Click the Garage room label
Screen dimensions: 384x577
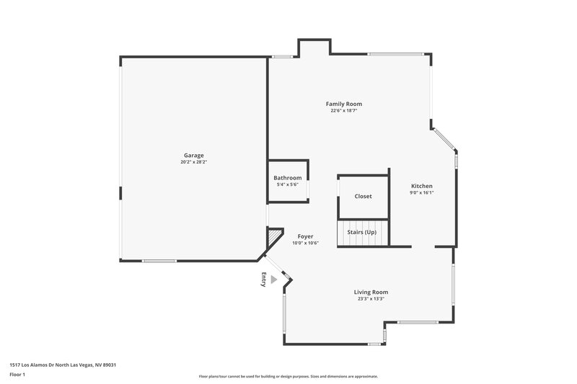coord(193,155)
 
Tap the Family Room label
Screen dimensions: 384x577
coord(344,104)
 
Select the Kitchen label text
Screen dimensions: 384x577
coord(422,186)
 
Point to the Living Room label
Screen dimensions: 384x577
coord(371,292)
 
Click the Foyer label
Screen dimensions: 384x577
coord(305,236)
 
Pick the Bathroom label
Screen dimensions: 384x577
coord(287,178)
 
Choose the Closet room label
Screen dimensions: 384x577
coord(363,196)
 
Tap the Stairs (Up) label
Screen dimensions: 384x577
coord(362,233)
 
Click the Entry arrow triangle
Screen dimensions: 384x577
coord(273,280)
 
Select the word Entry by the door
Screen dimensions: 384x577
coord(264,280)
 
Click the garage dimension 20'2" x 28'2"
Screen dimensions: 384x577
coord(193,162)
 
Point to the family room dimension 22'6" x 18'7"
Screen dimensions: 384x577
coord(344,111)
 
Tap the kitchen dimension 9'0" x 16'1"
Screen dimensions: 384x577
coord(422,193)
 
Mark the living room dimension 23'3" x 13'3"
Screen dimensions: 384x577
coord(371,299)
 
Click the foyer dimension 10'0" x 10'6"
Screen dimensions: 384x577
coord(305,244)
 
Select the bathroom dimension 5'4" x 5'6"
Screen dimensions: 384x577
coord(287,185)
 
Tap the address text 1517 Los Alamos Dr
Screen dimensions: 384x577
coord(63,365)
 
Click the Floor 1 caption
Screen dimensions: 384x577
coord(17,375)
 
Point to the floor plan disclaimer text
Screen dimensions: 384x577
coord(288,376)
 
